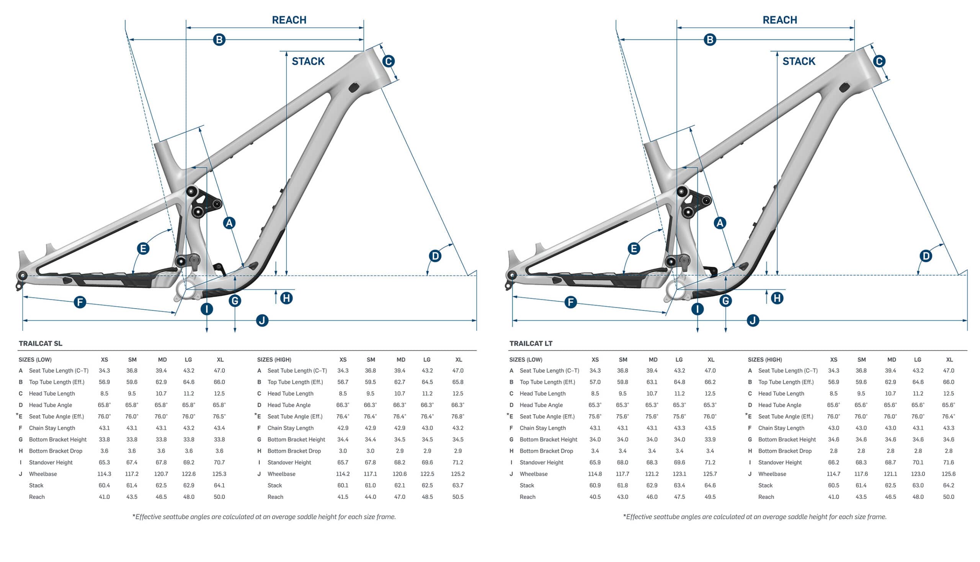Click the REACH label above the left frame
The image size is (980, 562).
pos(289,20)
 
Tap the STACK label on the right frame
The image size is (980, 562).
pos(798,61)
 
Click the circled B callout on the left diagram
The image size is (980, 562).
pos(219,40)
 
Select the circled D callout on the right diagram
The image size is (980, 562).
pos(926,256)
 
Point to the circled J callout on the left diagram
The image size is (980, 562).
pos(262,320)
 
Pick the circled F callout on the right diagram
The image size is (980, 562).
pos(570,302)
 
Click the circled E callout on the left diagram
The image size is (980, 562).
pos(143,248)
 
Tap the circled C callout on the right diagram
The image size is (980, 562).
pos(879,61)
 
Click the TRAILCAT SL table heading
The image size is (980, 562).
pos(41,343)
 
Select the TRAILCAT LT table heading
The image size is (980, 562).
pos(531,343)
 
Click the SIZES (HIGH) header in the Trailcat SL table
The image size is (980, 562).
pos(274,360)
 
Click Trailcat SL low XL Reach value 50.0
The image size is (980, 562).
pos(219,497)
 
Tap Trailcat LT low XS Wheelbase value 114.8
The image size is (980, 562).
pos(595,474)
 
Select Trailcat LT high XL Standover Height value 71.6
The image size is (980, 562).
pos(948,462)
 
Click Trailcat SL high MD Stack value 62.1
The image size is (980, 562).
pos(400,485)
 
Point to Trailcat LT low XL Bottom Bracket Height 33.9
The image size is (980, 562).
pos(710,439)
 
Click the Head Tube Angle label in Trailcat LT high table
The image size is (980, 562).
pos(780,405)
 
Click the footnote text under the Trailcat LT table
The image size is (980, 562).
pos(755,517)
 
